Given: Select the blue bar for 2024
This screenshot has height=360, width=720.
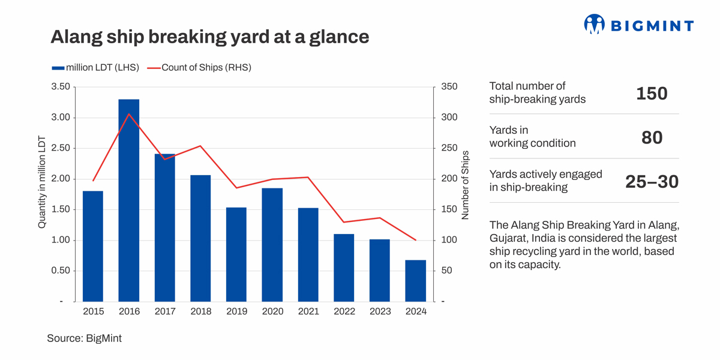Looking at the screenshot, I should (416, 280).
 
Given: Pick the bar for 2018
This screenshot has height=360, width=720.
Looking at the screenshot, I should (200, 238).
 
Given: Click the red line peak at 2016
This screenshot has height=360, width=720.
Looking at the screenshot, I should (129, 114).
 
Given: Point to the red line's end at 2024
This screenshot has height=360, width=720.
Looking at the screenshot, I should (416, 240).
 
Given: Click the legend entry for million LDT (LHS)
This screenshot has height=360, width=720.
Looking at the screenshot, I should (96, 68).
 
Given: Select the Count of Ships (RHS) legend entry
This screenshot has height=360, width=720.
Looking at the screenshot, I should (206, 68).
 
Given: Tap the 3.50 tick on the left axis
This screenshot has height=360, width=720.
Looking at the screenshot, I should (60, 87).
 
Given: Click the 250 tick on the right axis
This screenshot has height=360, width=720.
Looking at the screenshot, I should (449, 148).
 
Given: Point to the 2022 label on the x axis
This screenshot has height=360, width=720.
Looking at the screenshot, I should (344, 311).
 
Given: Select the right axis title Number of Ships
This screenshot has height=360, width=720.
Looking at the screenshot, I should (465, 185).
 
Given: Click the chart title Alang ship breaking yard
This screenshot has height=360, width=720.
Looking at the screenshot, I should (209, 37).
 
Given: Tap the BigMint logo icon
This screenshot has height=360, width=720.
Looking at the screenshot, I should (594, 24).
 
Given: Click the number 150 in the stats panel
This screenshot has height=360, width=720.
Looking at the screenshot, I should (652, 94).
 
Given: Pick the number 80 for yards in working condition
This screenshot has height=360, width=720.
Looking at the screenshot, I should (652, 137).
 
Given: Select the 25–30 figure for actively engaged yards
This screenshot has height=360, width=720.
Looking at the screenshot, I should (652, 181).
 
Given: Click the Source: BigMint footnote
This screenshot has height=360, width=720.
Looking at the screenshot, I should (84, 338).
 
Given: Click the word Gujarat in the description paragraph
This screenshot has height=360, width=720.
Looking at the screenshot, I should (507, 238).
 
